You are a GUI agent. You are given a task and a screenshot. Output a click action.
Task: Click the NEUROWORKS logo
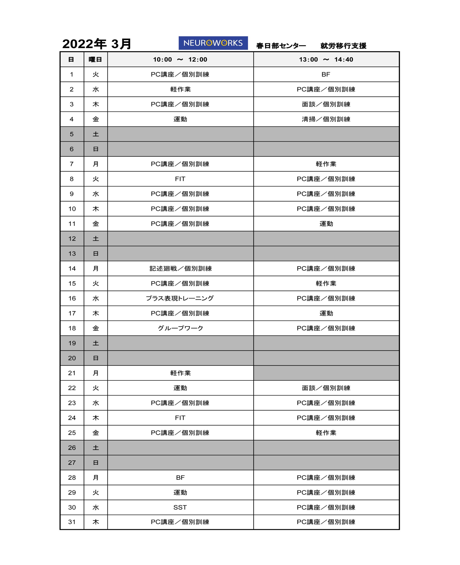click(213, 43)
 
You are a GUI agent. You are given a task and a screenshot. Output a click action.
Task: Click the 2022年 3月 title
click(97, 44)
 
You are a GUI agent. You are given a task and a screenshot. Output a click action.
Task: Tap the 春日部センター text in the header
click(281, 46)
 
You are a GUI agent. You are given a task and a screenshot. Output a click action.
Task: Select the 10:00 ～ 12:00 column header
click(180, 59)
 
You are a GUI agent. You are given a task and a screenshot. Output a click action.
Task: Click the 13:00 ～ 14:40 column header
click(326, 59)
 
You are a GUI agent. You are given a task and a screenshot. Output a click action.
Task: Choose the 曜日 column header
click(95, 59)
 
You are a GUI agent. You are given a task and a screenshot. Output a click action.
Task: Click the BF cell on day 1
click(326, 74)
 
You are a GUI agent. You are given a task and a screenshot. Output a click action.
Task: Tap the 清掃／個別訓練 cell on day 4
click(326, 119)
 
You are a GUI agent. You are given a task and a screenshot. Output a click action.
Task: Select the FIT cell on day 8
click(180, 179)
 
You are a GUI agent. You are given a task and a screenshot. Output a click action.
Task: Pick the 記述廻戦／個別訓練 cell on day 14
click(180, 268)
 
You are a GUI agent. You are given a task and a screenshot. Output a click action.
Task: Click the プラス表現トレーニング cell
click(180, 298)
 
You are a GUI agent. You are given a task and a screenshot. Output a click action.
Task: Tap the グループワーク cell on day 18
click(180, 328)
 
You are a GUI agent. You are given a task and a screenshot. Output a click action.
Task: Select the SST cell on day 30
click(180, 507)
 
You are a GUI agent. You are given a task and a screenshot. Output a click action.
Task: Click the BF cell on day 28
click(180, 478)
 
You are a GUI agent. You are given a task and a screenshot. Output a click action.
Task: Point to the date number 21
click(72, 373)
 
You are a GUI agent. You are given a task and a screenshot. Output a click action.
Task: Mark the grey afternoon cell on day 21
click(326, 373)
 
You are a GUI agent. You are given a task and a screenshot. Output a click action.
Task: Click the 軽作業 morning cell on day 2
click(180, 89)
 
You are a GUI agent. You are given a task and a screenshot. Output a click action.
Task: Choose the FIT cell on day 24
click(180, 418)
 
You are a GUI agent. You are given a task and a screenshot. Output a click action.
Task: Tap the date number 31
click(72, 522)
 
